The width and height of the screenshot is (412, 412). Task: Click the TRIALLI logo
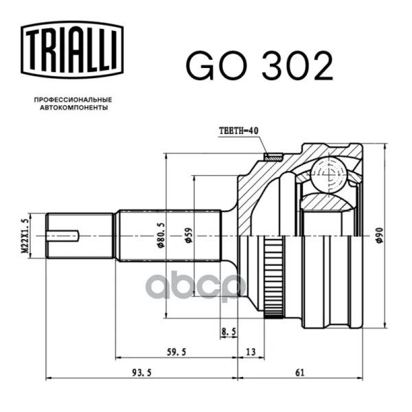(72, 49)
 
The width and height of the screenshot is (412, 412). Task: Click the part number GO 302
(260, 66)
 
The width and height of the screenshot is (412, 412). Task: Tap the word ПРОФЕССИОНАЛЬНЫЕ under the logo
(73, 100)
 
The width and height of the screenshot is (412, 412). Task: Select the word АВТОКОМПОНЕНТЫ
(74, 108)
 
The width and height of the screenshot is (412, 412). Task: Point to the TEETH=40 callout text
(239, 130)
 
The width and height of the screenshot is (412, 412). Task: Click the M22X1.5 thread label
(25, 236)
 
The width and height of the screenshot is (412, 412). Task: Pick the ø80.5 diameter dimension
(161, 235)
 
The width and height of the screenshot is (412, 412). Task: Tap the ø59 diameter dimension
(189, 235)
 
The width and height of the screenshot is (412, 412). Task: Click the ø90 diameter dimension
(380, 236)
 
